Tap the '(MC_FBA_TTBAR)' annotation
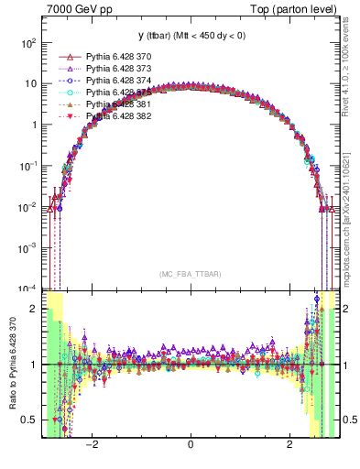190,274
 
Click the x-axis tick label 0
190,444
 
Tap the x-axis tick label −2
91,444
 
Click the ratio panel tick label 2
34,309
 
